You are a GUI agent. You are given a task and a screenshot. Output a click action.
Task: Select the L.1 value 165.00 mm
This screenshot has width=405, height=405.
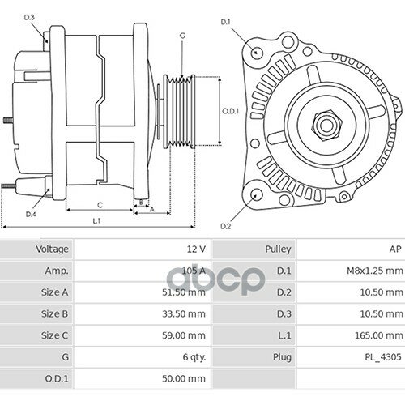pyautogui.click(x=377, y=334)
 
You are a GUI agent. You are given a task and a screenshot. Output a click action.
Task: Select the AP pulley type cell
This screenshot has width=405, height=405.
pyautogui.click(x=394, y=249)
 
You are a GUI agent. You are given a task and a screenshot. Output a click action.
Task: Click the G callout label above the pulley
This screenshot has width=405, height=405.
pyautogui.click(x=182, y=36)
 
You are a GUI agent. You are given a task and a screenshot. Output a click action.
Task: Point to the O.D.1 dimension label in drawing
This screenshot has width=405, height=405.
pyautogui.click(x=230, y=112)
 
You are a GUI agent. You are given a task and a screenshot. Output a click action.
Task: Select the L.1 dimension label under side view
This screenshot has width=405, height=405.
pyautogui.click(x=96, y=221)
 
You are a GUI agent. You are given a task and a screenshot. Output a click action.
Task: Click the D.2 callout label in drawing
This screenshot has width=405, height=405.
pyautogui.click(x=225, y=227)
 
